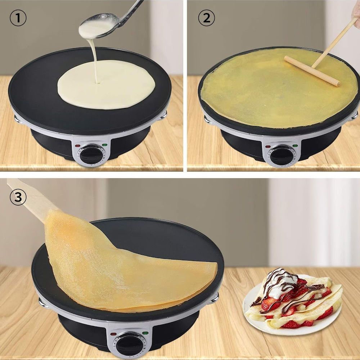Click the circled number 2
coord(206,18)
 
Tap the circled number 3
coord(18,197)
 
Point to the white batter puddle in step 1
coord(106,85)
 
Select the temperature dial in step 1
coord(91,154)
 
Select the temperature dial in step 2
coord(282,156)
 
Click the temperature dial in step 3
coord(129,345)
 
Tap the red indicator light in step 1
coord(78,145)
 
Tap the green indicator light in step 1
coord(105,145)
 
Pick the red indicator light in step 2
coord(268,146)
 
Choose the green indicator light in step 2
coord(295,145)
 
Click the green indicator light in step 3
coord(145,333)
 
